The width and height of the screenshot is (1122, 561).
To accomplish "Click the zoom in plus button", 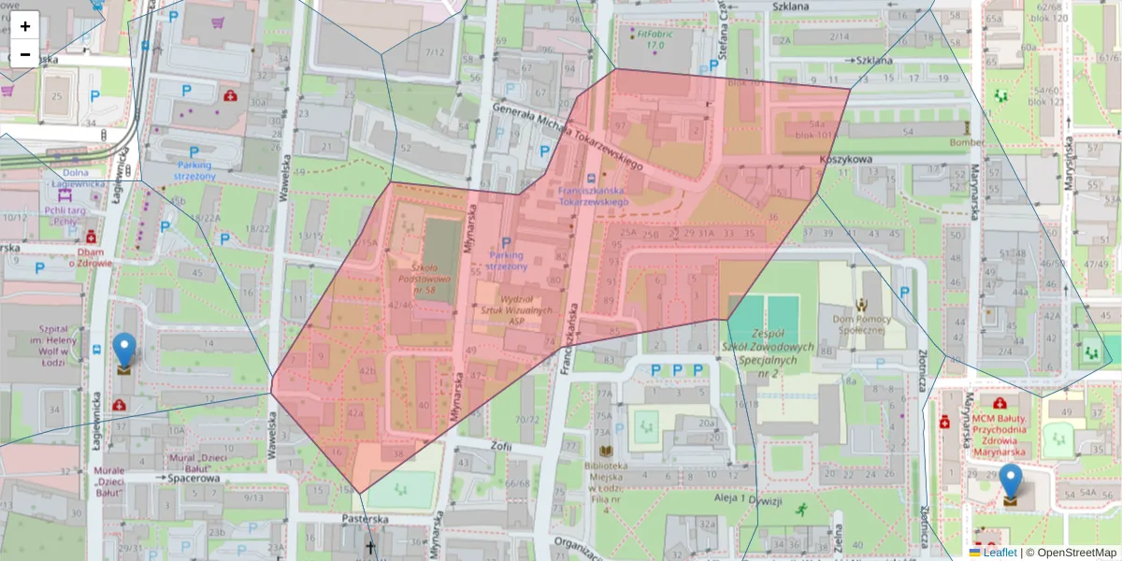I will (25, 25).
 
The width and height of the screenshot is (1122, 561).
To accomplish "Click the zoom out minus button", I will (25, 54).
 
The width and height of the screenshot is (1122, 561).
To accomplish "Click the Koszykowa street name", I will (845, 159).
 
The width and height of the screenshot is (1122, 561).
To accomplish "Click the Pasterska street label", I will (364, 518).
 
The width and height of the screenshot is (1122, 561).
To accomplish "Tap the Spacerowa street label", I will (194, 478).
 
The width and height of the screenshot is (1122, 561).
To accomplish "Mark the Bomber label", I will (966, 141).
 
